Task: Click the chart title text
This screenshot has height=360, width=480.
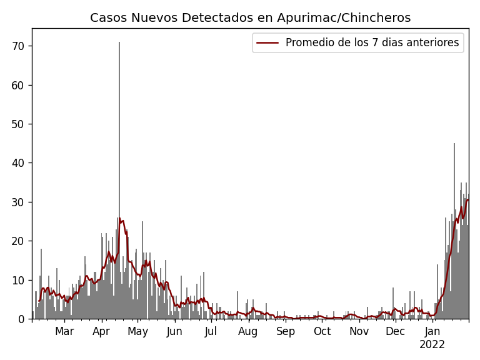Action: (x=250, y=18)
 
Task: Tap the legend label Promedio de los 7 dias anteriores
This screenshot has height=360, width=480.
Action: (x=372, y=43)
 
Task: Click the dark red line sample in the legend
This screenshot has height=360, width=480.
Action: (x=267, y=43)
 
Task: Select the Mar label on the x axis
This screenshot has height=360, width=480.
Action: (x=64, y=331)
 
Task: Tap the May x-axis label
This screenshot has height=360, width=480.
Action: (x=137, y=331)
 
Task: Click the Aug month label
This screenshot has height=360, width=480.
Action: (x=248, y=331)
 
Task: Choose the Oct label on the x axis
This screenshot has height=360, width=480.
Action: (x=322, y=331)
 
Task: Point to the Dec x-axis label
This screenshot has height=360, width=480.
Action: (x=395, y=331)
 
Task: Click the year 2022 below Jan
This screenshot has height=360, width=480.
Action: (x=432, y=344)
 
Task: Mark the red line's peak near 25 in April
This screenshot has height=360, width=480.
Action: (x=121, y=221)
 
